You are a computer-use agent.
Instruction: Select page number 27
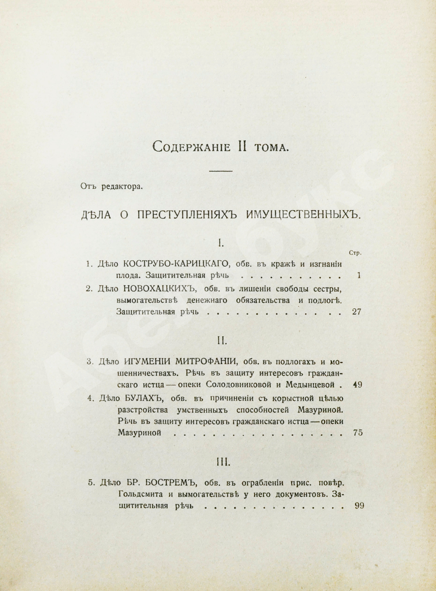(x=357, y=312)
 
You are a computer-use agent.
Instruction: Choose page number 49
(x=358, y=385)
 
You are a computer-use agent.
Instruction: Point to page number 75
(x=358, y=433)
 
